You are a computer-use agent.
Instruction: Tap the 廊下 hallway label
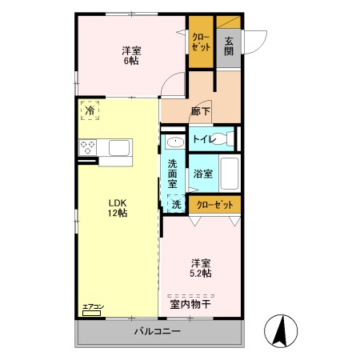(201, 111)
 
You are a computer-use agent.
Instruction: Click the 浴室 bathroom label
(202, 174)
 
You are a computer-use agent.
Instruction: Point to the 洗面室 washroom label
(173, 175)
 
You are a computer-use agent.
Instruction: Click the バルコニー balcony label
(157, 331)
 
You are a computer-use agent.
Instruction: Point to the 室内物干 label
(190, 303)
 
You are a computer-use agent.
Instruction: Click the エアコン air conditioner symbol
(93, 310)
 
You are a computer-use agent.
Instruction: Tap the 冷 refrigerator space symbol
(90, 110)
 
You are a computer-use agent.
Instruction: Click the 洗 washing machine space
(176, 204)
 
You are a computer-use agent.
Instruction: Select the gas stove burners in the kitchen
(88, 148)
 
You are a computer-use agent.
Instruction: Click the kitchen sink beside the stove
(119, 148)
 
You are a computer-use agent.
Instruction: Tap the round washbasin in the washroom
(175, 143)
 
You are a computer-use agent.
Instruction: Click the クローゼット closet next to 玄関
(200, 42)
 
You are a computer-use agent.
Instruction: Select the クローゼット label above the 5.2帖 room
(214, 205)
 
